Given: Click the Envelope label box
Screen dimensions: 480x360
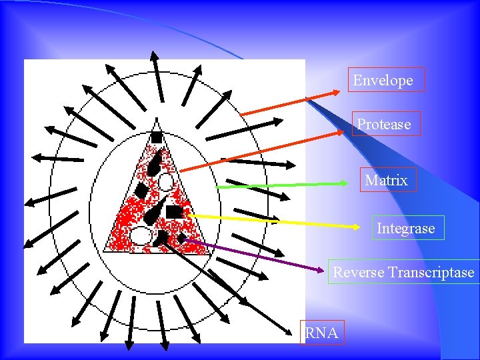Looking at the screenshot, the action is pos(383,80).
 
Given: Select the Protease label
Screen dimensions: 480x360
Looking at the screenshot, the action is pos(384,124).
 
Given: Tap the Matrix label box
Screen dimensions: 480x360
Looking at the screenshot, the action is pos(387,180).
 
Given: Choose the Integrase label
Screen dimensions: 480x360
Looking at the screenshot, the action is pos(405,229).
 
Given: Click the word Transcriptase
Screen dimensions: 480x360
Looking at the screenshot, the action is pos(431,272).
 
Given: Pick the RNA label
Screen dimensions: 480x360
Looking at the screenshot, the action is pos(321,332).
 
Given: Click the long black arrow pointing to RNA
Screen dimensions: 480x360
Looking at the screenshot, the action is pos(227,287).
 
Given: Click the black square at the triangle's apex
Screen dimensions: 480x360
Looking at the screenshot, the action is pos(156,137).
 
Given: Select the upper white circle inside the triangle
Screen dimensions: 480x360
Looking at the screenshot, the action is pos(165,181).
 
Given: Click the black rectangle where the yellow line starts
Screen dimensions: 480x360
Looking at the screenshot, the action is pos(175,212).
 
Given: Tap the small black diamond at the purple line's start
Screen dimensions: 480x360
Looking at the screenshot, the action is pos(181,237).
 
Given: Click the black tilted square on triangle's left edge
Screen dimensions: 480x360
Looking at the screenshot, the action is pos(141,191).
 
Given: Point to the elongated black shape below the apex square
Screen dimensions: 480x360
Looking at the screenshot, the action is pos(155,162).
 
